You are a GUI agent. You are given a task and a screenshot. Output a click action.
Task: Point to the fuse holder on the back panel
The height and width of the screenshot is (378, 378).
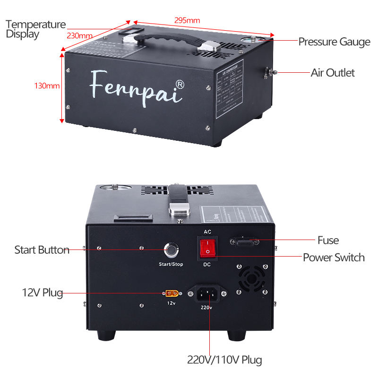tap(245, 241)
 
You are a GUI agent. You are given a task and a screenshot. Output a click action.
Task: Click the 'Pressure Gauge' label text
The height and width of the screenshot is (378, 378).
tap(334, 42)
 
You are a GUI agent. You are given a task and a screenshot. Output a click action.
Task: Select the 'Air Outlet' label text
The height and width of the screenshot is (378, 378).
tap(332, 73)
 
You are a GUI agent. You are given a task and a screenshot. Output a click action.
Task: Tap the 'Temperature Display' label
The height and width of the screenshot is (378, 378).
tap(35, 29)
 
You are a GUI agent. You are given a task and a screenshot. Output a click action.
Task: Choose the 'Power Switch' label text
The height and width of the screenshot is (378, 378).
tap(334, 258)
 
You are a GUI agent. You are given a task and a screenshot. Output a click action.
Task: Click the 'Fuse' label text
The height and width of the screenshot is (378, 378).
tap(328, 241)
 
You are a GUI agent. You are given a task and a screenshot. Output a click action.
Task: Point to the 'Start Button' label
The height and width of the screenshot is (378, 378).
tap(42, 250)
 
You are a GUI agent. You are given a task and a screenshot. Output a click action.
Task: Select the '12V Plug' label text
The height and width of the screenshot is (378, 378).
tap(43, 293)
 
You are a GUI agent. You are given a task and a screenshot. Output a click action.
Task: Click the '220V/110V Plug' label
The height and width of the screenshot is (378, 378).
tap(225, 360)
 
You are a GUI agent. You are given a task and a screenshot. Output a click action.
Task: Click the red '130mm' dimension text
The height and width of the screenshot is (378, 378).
tap(47, 86)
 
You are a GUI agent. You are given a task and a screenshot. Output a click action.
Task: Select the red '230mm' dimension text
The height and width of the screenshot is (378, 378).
tap(79, 36)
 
